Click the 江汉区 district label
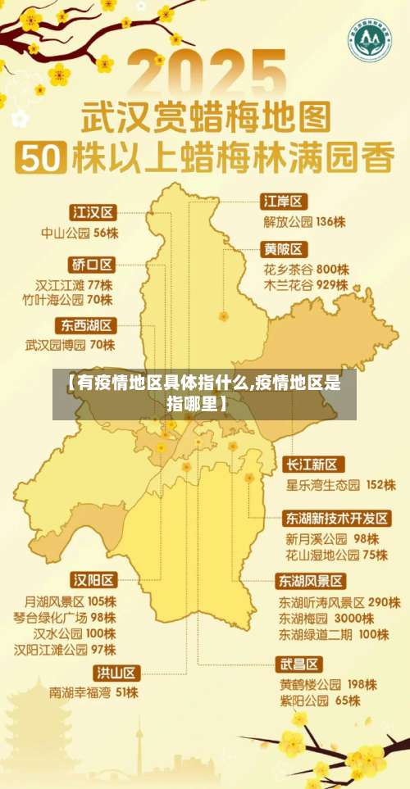(93, 212)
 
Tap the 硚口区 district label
(91, 265)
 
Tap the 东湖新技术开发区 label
(337, 519)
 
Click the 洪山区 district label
(116, 672)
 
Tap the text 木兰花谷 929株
(305, 285)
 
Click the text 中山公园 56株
(80, 233)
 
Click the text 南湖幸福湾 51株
(93, 692)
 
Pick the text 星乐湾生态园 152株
(340, 485)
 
